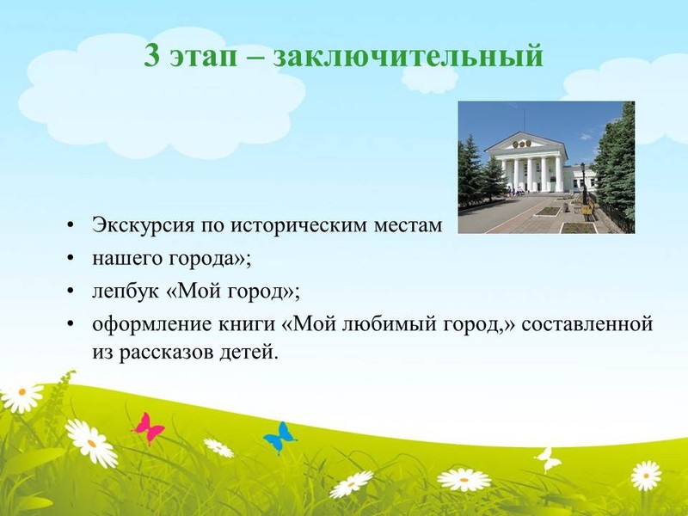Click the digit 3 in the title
[x=152, y=56]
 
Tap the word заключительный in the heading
[x=408, y=57]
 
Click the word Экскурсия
[x=143, y=226]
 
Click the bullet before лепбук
[x=70, y=292]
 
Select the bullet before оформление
[x=70, y=325]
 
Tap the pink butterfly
[x=149, y=427]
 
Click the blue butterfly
[x=279, y=437]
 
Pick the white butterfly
[x=548, y=459]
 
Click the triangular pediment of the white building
[x=525, y=142]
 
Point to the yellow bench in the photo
[x=587, y=211]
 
